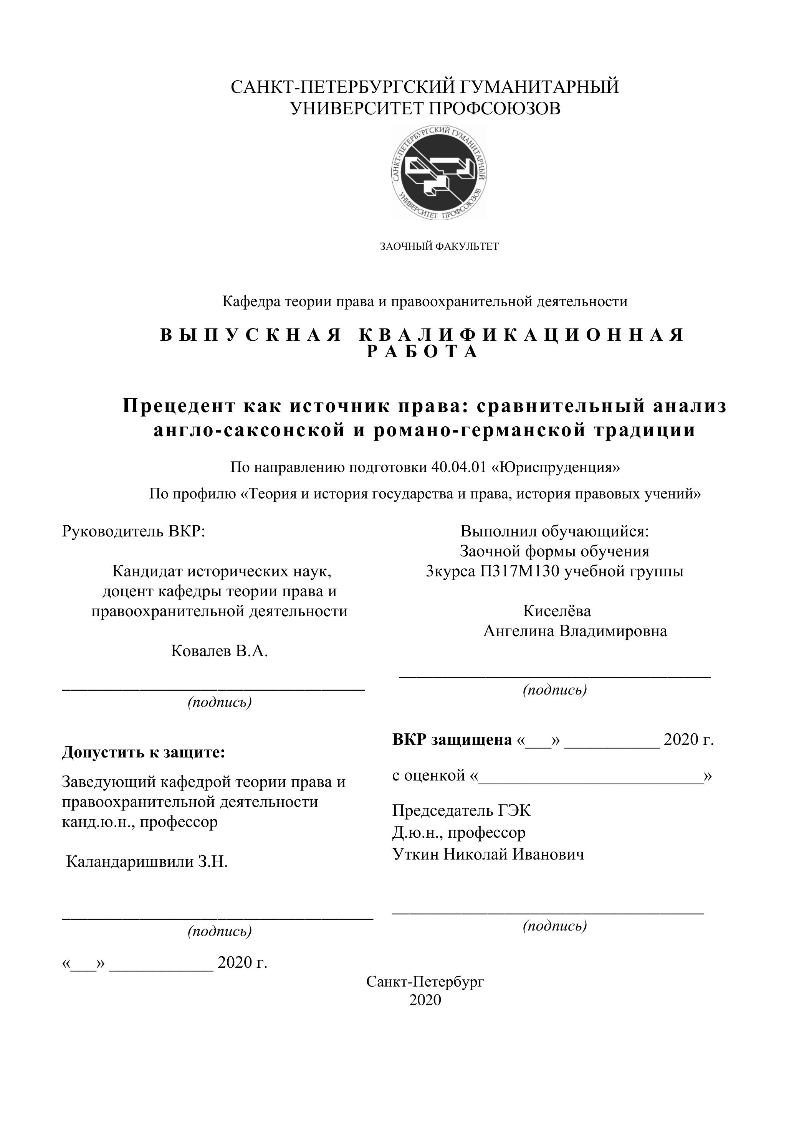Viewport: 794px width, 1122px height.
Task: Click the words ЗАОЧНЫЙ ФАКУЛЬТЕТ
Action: (439, 246)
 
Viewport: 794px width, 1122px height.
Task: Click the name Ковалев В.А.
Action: (220, 651)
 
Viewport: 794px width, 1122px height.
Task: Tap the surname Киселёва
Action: (557, 611)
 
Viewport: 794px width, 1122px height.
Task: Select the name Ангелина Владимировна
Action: (575, 631)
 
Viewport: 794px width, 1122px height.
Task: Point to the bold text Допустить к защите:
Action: (143, 752)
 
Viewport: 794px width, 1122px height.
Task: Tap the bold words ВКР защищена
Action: (452, 740)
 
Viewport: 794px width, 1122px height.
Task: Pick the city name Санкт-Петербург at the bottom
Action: (425, 981)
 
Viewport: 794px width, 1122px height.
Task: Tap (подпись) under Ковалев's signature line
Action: (220, 702)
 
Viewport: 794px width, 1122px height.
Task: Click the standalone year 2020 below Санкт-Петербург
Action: (425, 1000)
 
